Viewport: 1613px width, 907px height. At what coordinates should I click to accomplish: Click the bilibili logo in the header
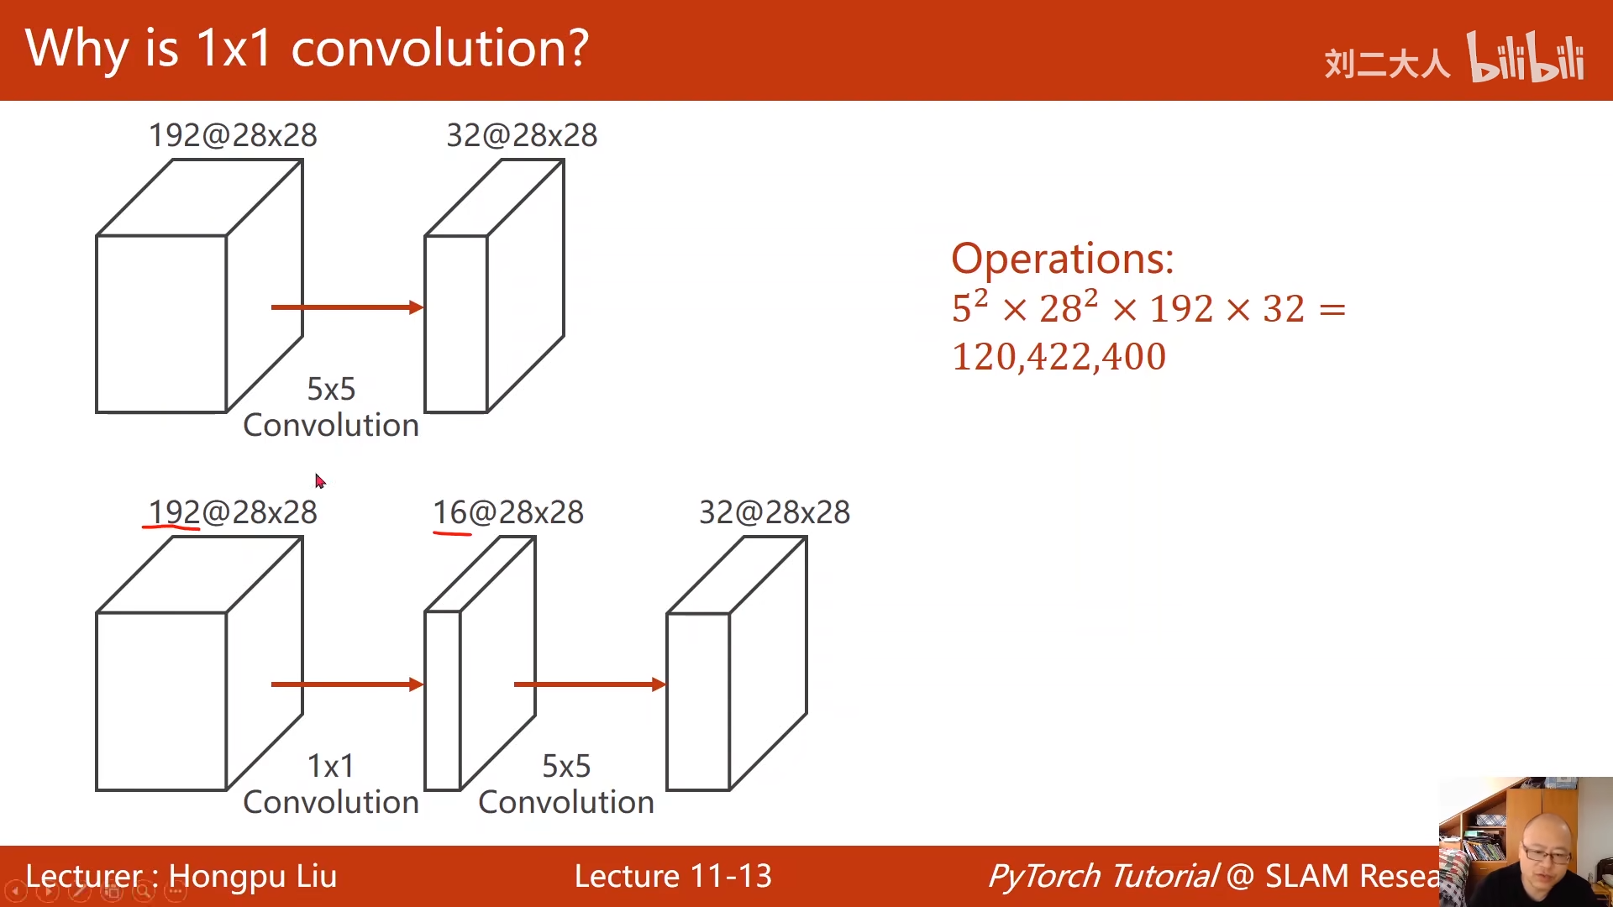coord(1526,57)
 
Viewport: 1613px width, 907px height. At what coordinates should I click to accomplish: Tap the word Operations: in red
coord(1062,259)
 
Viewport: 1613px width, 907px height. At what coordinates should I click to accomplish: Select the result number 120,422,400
coord(1059,357)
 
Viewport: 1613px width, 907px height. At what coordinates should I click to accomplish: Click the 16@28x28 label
coord(508,512)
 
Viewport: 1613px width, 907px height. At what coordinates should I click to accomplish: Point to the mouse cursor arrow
coord(320,480)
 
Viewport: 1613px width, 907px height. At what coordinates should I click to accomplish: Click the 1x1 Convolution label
coord(331,784)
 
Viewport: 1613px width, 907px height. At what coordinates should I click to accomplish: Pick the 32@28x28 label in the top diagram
coord(522,135)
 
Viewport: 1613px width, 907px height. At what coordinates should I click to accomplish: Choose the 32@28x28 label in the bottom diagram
coord(775,512)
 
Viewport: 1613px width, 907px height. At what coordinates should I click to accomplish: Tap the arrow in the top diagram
coord(347,307)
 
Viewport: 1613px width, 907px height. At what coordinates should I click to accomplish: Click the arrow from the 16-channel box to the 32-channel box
coord(590,684)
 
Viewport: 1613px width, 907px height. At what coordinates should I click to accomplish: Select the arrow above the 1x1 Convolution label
coord(347,684)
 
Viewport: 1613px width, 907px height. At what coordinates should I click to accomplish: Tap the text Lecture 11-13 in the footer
coord(673,876)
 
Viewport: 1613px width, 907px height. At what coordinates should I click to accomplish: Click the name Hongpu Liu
coord(253,876)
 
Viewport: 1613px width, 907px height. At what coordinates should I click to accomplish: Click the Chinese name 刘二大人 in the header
coord(1387,63)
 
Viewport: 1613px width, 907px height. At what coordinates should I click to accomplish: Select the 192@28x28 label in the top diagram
coord(233,135)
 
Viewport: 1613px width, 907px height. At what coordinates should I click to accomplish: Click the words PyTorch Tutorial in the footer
coord(1103,876)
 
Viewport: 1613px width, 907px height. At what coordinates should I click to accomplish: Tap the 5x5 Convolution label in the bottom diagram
coord(566,784)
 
